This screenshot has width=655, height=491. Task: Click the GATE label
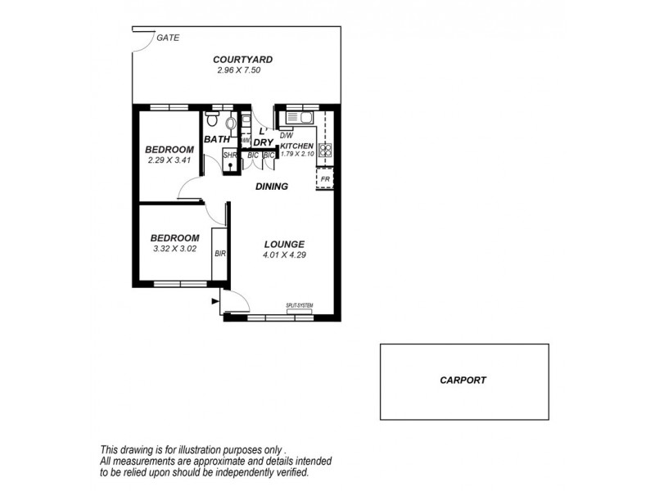tap(169, 38)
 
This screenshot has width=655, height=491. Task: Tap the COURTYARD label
tap(242, 59)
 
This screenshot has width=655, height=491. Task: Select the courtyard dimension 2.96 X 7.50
tap(239, 71)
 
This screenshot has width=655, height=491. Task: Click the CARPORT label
tap(463, 380)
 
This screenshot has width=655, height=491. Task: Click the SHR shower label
tap(229, 154)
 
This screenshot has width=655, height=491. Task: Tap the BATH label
tap(217, 139)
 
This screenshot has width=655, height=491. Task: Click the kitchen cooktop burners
tap(324, 150)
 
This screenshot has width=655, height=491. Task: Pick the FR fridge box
tap(325, 178)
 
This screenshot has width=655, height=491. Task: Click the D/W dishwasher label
tap(287, 136)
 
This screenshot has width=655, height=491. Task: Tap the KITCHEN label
tap(296, 145)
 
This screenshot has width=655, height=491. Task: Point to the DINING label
tap(271, 187)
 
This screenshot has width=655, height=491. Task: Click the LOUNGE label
tap(284, 244)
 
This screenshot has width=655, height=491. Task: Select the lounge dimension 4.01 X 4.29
tap(284, 255)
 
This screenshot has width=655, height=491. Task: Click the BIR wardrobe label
tap(219, 254)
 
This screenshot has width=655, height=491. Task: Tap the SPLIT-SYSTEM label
tap(300, 305)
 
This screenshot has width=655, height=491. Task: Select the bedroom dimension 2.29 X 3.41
tap(169, 160)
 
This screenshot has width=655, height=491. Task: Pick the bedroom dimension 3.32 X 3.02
tap(174, 249)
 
